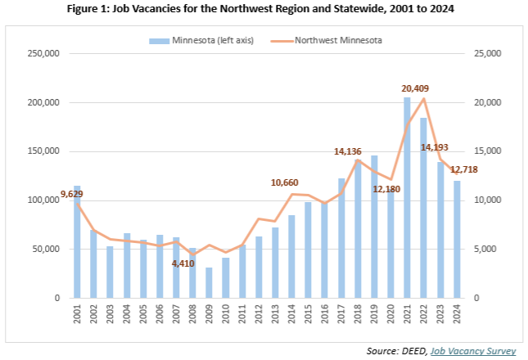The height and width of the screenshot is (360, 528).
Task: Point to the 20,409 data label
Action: [x=415, y=88]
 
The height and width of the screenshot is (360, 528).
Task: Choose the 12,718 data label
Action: [x=464, y=169]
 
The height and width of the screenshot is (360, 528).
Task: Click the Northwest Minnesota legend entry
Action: [x=336, y=38]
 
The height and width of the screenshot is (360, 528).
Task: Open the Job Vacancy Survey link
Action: [x=480, y=350]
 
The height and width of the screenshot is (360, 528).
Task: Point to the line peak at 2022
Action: [x=423, y=99]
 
